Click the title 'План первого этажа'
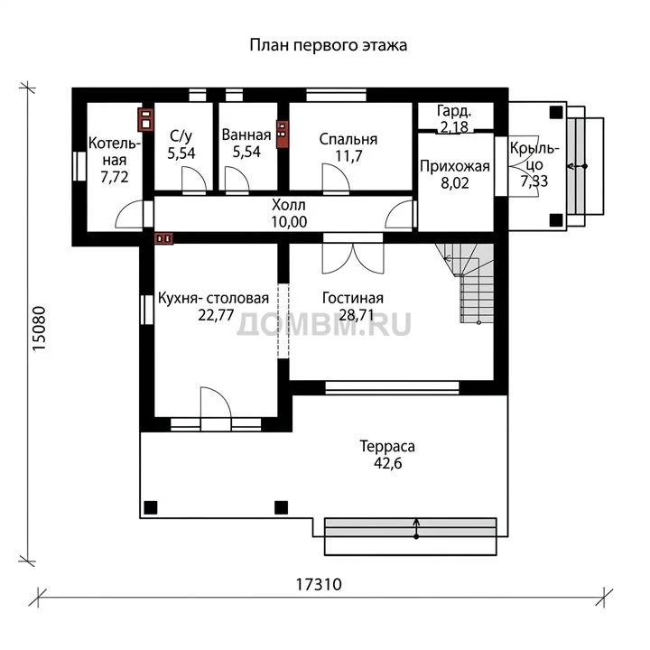click(x=328, y=45)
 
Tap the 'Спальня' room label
click(x=348, y=139)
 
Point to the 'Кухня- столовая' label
click(x=213, y=298)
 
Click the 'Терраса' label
click(x=387, y=446)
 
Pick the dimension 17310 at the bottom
click(x=319, y=584)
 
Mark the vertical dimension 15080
click(x=39, y=329)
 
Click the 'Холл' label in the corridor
click(x=289, y=205)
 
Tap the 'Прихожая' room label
click(x=455, y=167)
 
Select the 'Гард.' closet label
click(x=454, y=111)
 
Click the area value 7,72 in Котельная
click(x=115, y=177)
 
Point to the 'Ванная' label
click(x=246, y=135)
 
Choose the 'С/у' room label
click(x=181, y=135)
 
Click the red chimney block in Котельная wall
click(x=145, y=120)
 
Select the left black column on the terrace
click(x=151, y=507)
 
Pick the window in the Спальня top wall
click(x=336, y=95)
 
